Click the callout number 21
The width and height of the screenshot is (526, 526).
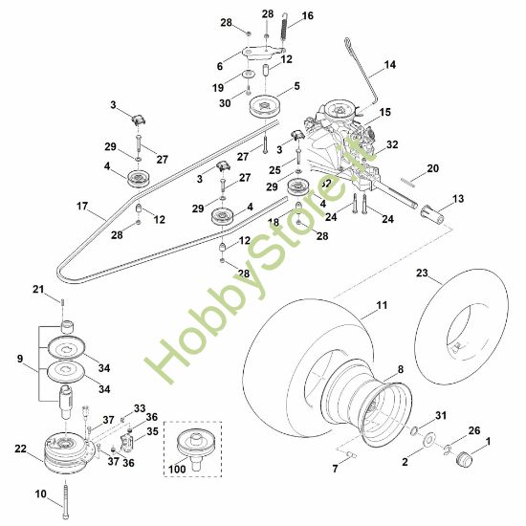(64, 289)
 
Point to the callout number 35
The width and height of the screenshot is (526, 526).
(153, 431)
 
